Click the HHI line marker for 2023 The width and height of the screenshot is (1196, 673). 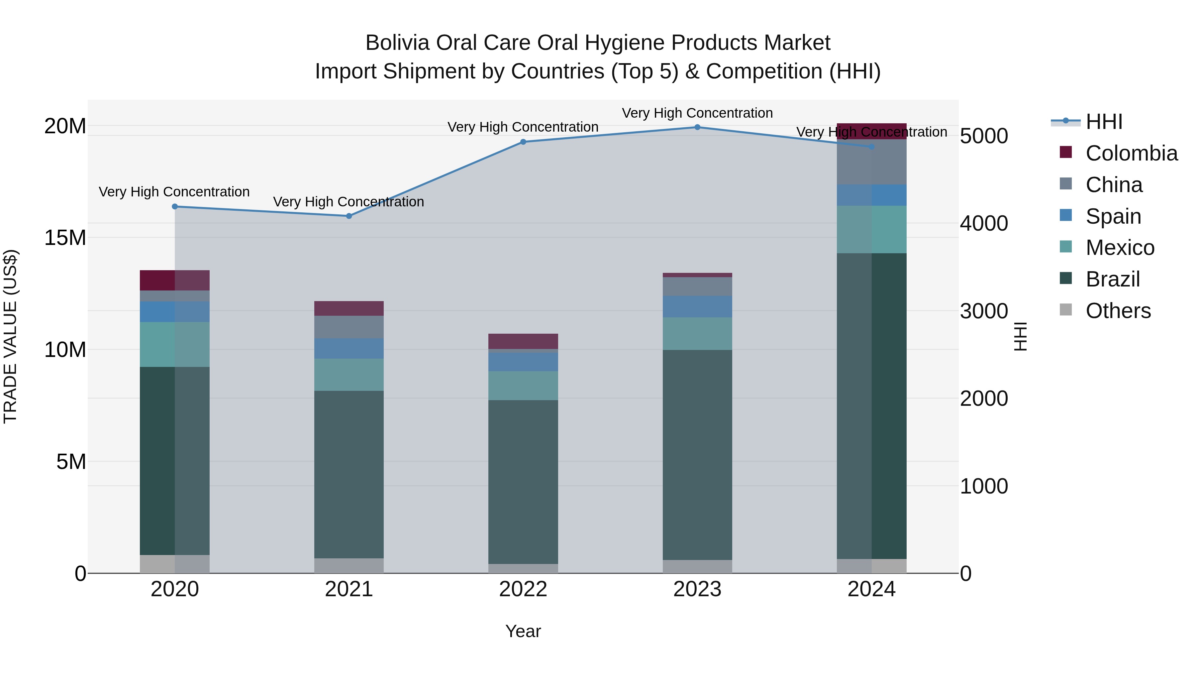coord(697,127)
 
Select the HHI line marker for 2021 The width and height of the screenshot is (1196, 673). coord(349,216)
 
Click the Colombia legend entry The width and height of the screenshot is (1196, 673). coord(1131,153)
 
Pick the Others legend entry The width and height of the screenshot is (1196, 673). coord(1118,311)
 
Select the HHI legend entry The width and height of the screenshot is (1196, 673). coord(1104,122)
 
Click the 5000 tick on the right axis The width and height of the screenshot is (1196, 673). coord(984,136)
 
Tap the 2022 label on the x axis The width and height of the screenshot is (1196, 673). coord(523,589)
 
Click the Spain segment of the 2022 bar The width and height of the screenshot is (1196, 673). coord(523,362)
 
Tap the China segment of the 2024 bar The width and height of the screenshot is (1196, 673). coord(871,162)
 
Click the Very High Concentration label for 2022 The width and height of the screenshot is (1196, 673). coord(523,127)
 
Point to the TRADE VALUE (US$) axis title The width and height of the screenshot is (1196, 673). coord(10,336)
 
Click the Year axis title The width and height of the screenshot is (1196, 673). coord(523,631)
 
